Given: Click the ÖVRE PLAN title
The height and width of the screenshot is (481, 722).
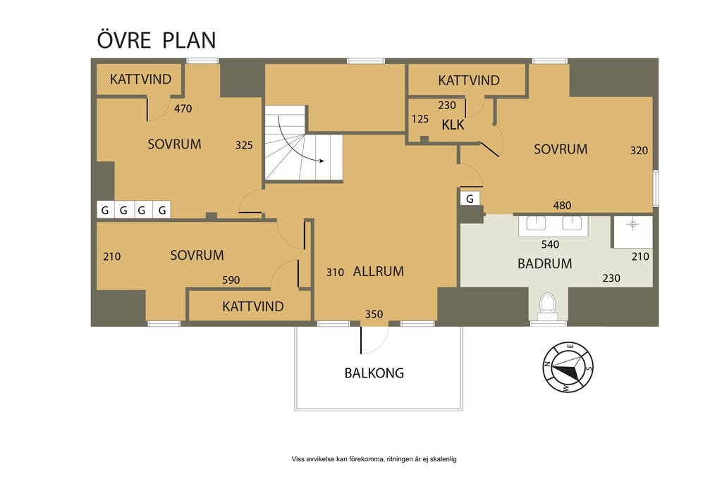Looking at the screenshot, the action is tap(157, 39).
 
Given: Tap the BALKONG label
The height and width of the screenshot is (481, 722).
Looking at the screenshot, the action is tap(374, 373).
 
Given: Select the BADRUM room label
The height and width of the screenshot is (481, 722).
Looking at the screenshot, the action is tap(545, 263).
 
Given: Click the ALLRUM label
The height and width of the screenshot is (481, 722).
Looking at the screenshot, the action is tap(379, 271).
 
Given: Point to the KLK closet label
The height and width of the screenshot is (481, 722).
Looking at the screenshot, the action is tap(453, 125).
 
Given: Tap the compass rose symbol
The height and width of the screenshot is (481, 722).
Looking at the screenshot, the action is tap(568, 367).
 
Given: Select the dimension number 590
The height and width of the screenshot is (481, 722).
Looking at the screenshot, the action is tap(231, 280).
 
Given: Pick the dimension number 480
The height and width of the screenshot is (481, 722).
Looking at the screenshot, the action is tap(562, 206).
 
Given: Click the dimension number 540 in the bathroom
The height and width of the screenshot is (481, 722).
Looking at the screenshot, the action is tap(550, 244).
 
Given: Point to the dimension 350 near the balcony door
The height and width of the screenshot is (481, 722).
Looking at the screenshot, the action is tap(374, 314).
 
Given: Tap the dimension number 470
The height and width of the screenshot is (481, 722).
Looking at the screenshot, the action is tap(183, 108).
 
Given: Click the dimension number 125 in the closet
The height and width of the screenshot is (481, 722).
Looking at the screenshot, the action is tap(420, 119).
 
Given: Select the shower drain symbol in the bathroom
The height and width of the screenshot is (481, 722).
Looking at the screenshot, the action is tap(632, 225).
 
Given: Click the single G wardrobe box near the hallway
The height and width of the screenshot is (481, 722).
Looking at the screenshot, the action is tap(470, 199).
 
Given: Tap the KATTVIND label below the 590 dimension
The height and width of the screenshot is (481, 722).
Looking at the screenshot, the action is tap(253, 306).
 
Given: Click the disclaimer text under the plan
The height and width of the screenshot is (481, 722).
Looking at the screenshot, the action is tap(374, 459).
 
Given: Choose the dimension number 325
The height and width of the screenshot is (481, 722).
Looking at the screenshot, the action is tap(244, 145).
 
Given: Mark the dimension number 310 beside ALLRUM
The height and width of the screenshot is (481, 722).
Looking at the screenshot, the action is tap(335, 273).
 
